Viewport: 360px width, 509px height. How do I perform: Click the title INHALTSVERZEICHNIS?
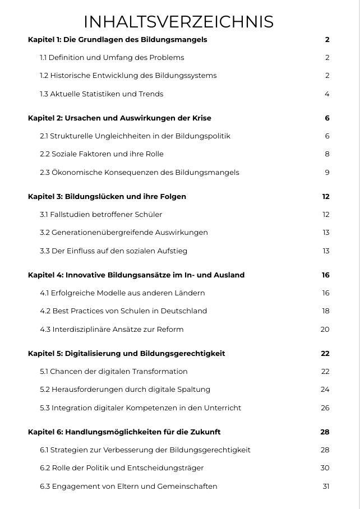point(178,21)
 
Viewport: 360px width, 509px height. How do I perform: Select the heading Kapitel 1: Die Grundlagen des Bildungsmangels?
point(117,39)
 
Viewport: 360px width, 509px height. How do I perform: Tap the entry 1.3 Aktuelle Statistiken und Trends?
point(101,94)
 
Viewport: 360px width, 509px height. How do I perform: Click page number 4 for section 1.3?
point(327,94)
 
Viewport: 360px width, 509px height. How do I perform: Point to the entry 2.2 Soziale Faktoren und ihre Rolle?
point(101,154)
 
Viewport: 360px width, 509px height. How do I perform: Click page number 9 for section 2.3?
point(327,172)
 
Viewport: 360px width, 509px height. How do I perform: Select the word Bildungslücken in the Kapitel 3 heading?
point(91,196)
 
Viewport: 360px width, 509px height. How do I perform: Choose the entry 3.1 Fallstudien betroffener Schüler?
point(101,214)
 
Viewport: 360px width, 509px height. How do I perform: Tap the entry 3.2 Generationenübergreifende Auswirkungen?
point(124,232)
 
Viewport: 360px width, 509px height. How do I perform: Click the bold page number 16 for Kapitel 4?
point(325,275)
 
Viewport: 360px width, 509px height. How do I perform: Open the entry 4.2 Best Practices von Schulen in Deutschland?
point(123,311)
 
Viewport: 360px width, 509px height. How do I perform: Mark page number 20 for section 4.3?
point(325,329)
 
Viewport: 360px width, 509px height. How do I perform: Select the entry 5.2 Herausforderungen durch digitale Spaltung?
point(125,389)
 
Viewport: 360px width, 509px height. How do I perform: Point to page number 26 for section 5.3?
point(325,408)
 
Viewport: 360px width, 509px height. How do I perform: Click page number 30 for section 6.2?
point(325,468)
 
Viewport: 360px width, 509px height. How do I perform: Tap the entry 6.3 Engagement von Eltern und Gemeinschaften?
point(128,486)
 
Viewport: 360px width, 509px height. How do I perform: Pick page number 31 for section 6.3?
point(326,486)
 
